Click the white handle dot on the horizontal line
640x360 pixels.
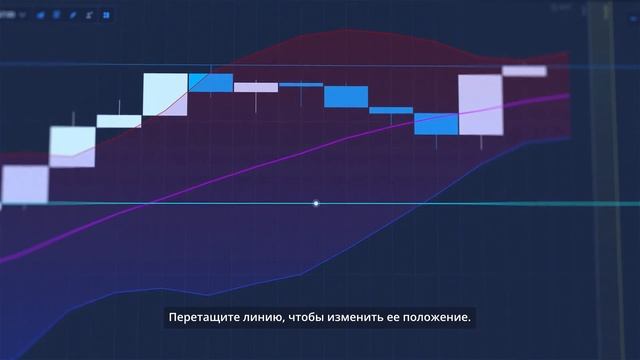coord(316,204)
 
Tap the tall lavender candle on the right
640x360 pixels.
coord(479,105)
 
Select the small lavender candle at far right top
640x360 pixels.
coord(524,70)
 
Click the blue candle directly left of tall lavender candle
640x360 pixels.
coord(436,123)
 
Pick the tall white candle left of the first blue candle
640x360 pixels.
coord(165,94)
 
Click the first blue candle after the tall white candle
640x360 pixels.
coord(211,82)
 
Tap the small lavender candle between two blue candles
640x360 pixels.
coord(255,87)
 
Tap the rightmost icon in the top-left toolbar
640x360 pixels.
coord(106,15)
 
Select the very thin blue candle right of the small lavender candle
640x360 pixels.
coord(300,85)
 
